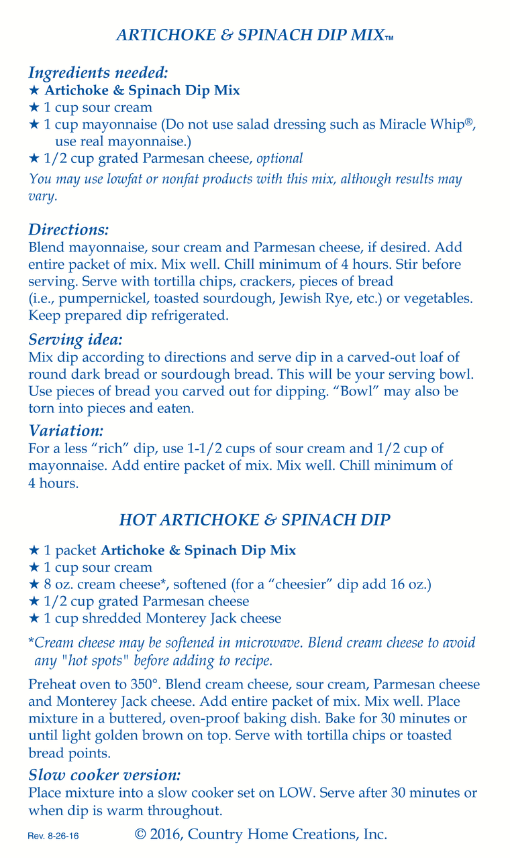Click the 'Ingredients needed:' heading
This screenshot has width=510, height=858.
(x=98, y=72)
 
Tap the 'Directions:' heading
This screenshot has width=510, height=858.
(x=68, y=229)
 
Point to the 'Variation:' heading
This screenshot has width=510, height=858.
(x=66, y=430)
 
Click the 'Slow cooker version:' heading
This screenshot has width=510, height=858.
(x=105, y=776)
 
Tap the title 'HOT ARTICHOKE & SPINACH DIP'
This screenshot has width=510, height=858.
(x=254, y=519)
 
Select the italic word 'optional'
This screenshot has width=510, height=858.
(x=280, y=159)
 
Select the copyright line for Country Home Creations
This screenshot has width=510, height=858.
(x=261, y=835)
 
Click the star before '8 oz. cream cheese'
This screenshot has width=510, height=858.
(x=34, y=585)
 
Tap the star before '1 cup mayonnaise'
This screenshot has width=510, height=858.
(x=34, y=125)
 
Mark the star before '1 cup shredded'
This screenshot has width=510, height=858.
(x=34, y=619)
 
